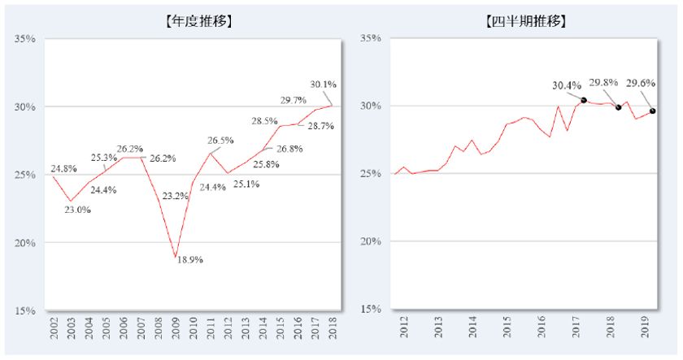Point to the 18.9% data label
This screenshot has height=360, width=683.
coord(190,260)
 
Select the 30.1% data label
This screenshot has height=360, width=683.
coord(324,84)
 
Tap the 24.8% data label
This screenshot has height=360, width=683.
coord(64,169)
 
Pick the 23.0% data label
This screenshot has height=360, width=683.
coord(77,210)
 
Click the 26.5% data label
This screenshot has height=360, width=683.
coord(221,140)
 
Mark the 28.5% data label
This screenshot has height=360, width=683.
coord(264,120)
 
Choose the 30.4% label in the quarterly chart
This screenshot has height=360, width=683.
coord(567,84)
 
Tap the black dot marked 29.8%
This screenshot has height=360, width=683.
coord(619,107)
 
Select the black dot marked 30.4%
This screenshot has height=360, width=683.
coord(584,100)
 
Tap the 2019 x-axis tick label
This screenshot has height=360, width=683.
coord(643,327)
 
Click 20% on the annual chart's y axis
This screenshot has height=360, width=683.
coord(24,243)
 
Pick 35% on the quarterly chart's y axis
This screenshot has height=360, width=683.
coord(370,38)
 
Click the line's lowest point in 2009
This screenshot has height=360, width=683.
coord(175,258)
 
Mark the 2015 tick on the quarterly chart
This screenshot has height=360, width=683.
coord(507,327)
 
